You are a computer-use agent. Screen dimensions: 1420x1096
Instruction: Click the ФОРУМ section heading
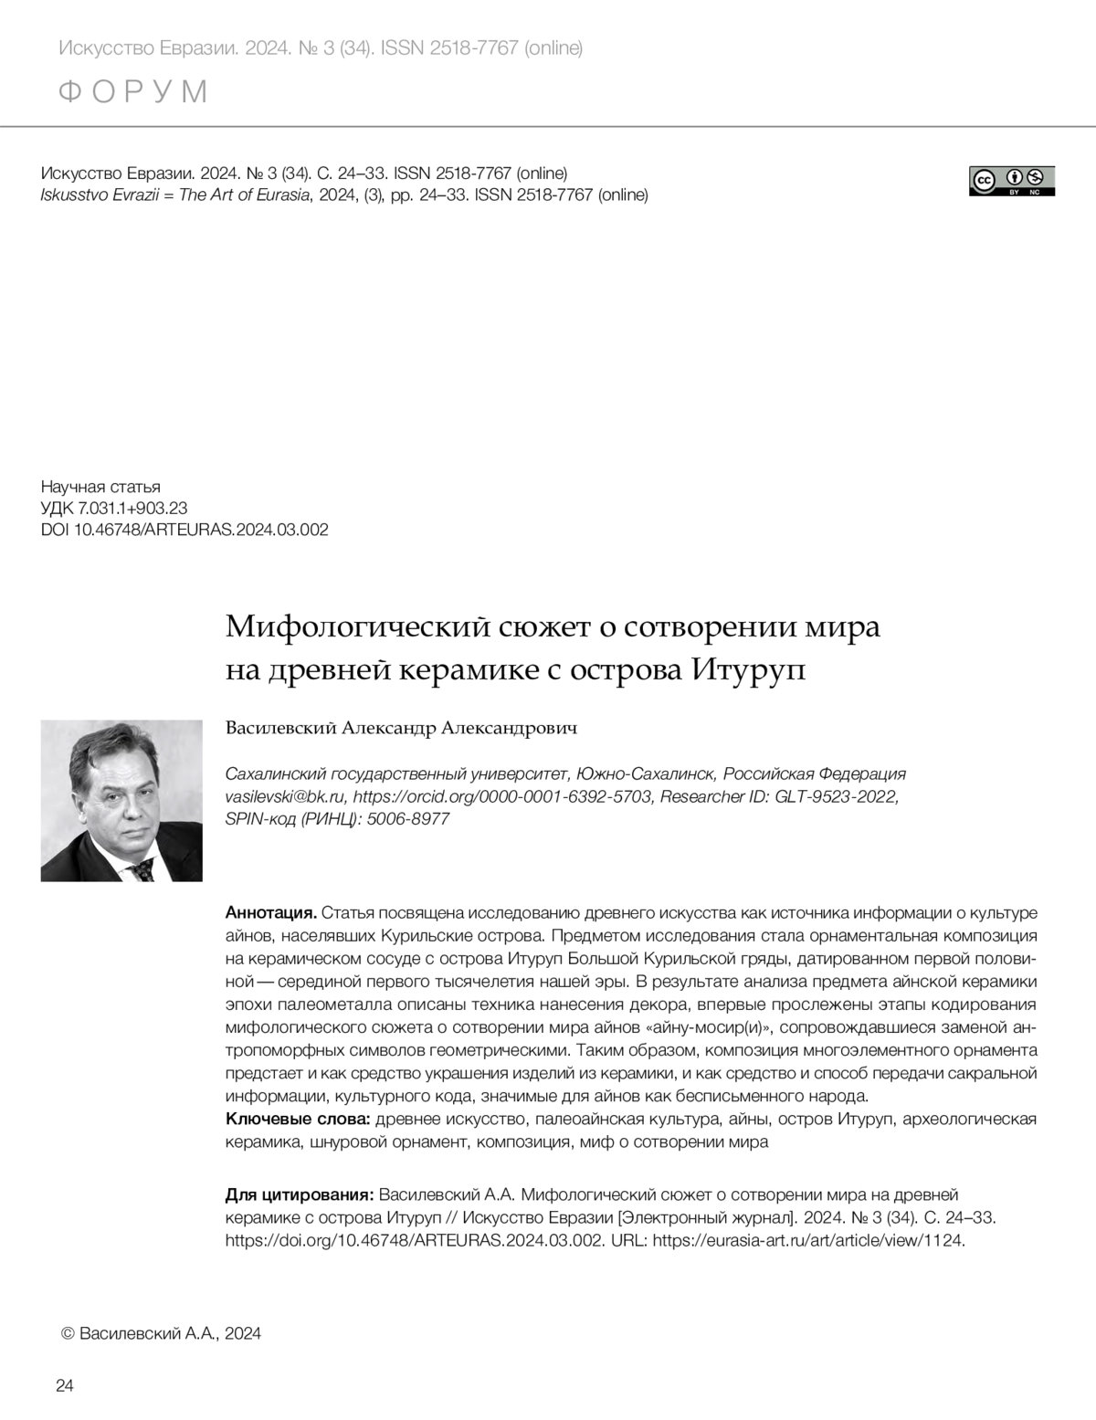pos(133,92)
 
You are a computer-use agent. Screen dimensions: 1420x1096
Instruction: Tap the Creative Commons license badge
pos(1011,181)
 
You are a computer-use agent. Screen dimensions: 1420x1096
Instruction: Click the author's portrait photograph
pos(121,800)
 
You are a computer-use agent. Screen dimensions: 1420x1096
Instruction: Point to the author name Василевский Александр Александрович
pos(402,728)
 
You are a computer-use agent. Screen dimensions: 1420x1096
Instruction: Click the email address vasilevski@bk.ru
pos(285,796)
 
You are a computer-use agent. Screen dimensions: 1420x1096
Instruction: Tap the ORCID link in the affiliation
pos(502,796)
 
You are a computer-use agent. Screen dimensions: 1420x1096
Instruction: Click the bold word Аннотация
pos(270,912)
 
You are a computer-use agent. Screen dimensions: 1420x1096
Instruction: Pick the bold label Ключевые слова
pos(298,1119)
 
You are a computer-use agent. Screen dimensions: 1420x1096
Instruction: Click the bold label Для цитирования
pos(299,1194)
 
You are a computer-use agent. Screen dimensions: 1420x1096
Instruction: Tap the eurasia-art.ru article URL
pos(808,1240)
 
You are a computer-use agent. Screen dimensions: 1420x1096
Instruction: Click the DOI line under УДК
pos(184,530)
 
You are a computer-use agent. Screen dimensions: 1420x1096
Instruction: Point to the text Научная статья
pos(100,487)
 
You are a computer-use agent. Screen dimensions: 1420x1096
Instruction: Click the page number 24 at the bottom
pos(65,1385)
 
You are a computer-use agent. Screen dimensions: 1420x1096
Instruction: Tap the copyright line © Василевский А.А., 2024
pos(160,1333)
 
